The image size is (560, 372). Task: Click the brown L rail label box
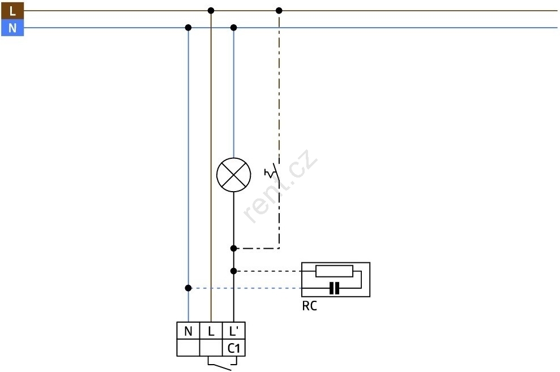12,11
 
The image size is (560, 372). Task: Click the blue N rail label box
12,28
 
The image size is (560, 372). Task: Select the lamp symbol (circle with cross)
234,175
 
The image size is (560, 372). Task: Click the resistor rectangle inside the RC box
334,271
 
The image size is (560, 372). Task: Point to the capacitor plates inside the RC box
334,288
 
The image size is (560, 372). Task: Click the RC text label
309,306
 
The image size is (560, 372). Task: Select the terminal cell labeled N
188,331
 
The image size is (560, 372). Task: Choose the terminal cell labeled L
211,331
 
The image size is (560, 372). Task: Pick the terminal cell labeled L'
234,331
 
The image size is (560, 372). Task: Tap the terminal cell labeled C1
234,348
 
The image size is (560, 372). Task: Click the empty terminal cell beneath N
188,348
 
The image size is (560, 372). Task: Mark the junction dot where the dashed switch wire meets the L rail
279,11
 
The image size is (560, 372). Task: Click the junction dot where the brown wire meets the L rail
211,11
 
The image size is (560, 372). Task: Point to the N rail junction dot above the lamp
234,28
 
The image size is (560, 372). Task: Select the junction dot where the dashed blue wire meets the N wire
188,288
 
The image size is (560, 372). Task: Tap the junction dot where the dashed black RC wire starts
234,271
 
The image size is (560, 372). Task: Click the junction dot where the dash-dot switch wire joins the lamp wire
234,248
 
